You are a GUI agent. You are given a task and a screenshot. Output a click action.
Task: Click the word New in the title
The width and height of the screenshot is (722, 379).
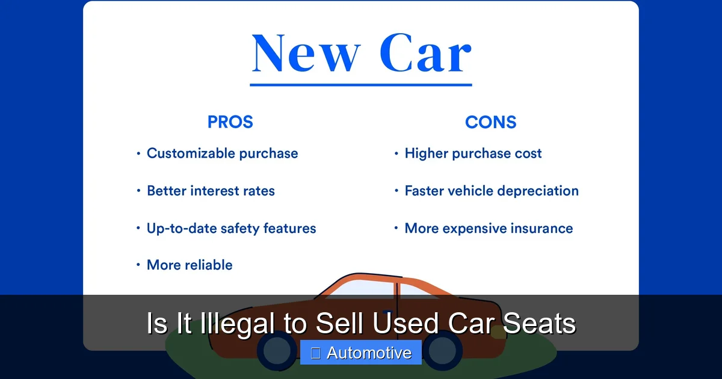pyautogui.click(x=306, y=54)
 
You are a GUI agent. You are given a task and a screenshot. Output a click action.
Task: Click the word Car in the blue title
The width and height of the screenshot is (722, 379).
pyautogui.click(x=425, y=54)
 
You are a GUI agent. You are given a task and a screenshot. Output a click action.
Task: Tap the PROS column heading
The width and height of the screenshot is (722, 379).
pyautogui.click(x=230, y=122)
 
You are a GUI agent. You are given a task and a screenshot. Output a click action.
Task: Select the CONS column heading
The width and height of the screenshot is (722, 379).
pyautogui.click(x=490, y=122)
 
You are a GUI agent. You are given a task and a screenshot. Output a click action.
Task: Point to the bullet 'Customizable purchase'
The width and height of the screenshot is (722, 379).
pyautogui.click(x=222, y=153)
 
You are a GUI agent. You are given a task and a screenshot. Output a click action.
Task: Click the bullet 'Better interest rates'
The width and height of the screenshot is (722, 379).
pyautogui.click(x=211, y=191)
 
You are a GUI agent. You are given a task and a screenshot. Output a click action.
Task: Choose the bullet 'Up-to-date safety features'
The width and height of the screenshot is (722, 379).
pyautogui.click(x=231, y=229)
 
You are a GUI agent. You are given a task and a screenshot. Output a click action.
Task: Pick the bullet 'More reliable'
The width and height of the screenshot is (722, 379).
pyautogui.click(x=190, y=265)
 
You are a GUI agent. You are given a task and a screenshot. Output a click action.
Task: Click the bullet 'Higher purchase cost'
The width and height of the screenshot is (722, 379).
pyautogui.click(x=473, y=153)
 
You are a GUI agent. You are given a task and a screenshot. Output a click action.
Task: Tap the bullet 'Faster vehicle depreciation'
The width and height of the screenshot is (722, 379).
pyautogui.click(x=491, y=191)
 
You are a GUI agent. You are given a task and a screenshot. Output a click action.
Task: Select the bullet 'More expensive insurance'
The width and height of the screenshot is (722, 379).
pyautogui.click(x=489, y=229)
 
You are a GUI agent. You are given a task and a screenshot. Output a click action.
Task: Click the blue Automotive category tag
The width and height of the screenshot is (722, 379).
pyautogui.click(x=361, y=353)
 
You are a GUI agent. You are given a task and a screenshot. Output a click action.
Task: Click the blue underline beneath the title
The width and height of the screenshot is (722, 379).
pyautogui.click(x=361, y=85)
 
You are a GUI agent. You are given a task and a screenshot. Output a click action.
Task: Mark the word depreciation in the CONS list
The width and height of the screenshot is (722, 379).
pyautogui.click(x=538, y=191)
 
